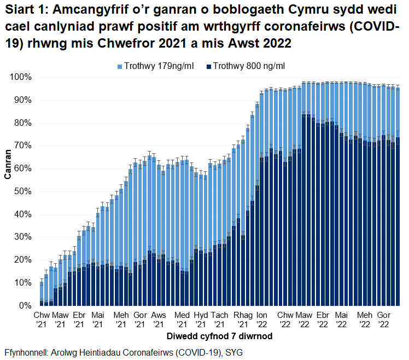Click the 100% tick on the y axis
tap(22, 77)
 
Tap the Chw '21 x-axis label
tap(42, 320)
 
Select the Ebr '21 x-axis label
tap(79, 320)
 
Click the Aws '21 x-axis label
tap(159, 320)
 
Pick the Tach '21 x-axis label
tap(220, 320)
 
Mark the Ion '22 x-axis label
tap(262, 320)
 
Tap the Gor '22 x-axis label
tap(384, 320)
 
